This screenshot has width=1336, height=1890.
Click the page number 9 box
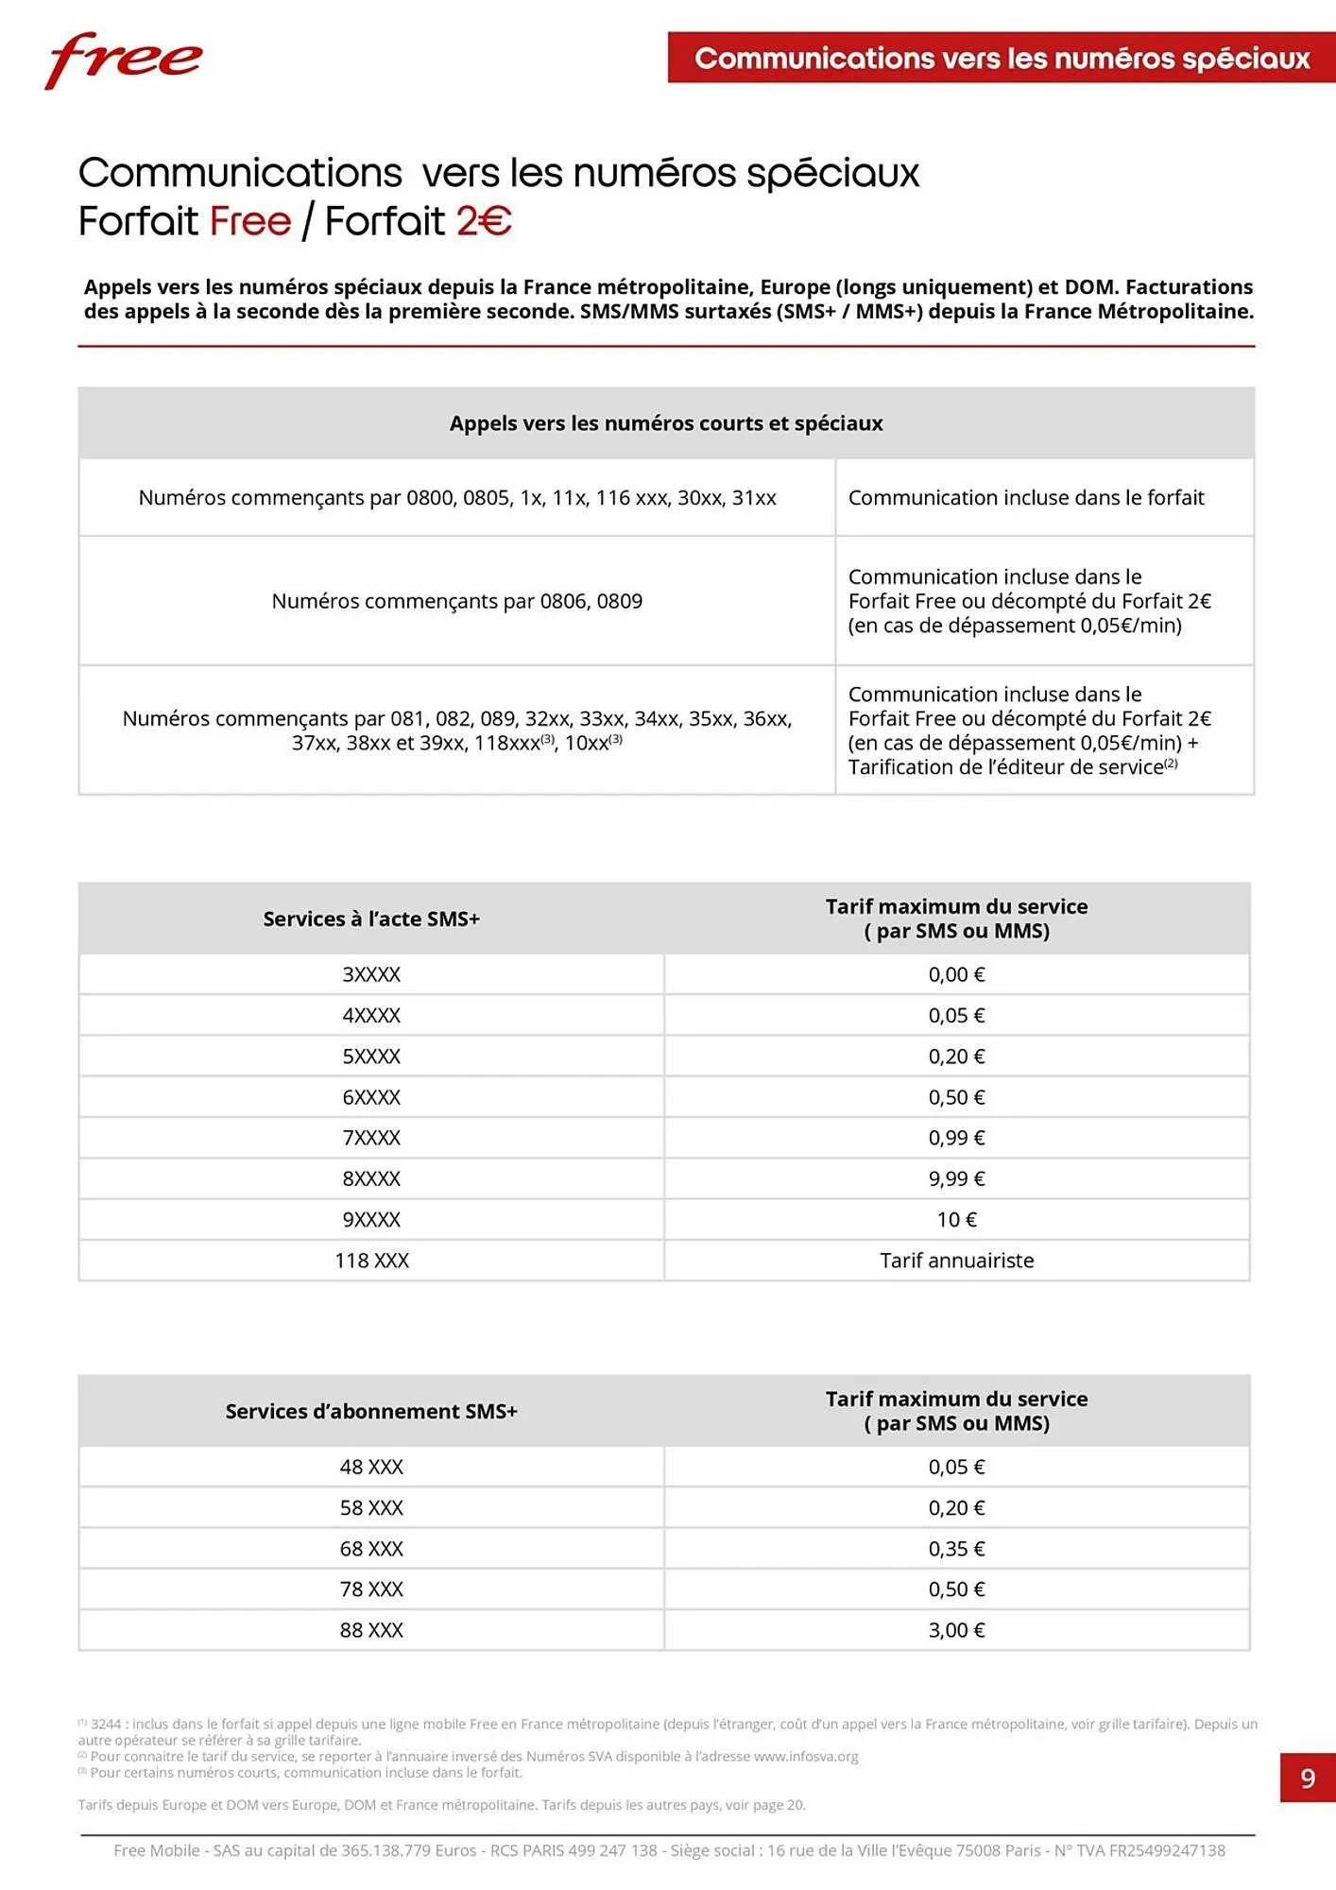tap(1308, 1778)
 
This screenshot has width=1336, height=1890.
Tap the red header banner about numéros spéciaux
tap(1002, 58)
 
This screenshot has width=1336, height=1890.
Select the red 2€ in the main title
tap(484, 221)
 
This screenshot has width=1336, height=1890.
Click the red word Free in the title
tap(250, 221)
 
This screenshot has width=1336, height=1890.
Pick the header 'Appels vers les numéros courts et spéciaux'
tap(666, 423)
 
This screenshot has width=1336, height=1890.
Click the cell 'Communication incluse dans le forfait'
tap(1026, 498)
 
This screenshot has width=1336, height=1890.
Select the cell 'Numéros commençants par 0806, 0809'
tap(456, 601)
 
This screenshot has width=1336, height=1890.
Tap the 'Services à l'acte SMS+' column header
tap(371, 919)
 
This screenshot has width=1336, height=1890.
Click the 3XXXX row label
tap(371, 974)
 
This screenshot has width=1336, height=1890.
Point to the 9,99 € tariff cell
tap(956, 1178)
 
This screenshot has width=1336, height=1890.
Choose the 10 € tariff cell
tap(956, 1219)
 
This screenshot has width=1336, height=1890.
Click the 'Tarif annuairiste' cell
tap(956, 1261)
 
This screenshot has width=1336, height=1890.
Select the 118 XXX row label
tap(371, 1261)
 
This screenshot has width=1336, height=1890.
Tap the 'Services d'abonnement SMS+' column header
tap(371, 1411)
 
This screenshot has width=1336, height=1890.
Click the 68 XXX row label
tap(371, 1548)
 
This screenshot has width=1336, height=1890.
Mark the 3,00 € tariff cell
tap(956, 1629)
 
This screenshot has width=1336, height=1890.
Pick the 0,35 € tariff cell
tap(956, 1548)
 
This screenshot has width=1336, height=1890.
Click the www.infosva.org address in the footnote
tap(806, 1756)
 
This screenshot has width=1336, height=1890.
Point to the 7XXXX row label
tap(371, 1138)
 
